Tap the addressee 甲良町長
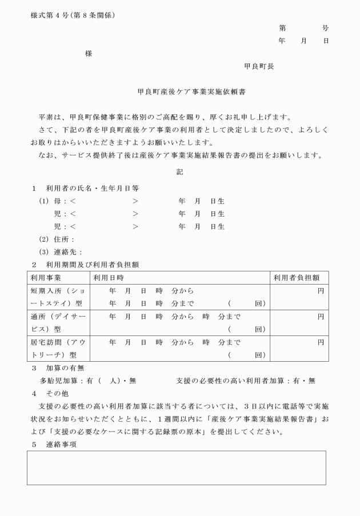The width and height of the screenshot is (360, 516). pyautogui.click(x=259, y=66)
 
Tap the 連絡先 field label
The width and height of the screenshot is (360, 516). pyautogui.click(x=69, y=252)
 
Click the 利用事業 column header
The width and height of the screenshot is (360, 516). pyautogui.click(x=46, y=278)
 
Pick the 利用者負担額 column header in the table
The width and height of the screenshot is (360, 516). pyautogui.click(x=297, y=278)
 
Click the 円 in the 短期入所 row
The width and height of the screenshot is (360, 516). pyautogui.click(x=320, y=291)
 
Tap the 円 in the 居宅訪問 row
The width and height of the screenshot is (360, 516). pyautogui.click(x=320, y=342)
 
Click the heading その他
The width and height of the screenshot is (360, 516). pyautogui.click(x=58, y=393)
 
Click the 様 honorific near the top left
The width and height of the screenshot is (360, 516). pyautogui.click(x=89, y=54)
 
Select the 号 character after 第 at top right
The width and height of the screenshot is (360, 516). pyautogui.click(x=325, y=28)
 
